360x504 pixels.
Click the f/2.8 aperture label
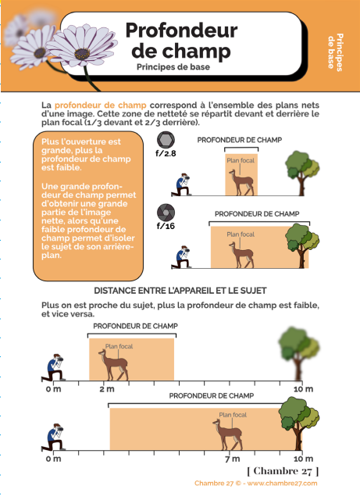[x=166, y=153]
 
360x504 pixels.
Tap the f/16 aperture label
[x=166, y=226]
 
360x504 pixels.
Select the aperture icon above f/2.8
[x=166, y=140]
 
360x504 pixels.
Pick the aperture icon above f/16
[x=166, y=213]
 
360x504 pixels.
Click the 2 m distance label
[x=107, y=389]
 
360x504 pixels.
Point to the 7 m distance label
[x=232, y=459]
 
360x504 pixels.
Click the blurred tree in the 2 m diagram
[x=298, y=353]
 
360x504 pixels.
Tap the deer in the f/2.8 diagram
[x=241, y=183]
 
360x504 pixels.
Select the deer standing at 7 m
[x=228, y=434]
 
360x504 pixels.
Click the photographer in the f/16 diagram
[x=181, y=257]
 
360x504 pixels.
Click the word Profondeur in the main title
[x=181, y=30]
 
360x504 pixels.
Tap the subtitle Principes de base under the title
[x=173, y=67]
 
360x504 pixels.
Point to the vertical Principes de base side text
[x=335, y=52]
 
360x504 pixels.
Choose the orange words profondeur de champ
[x=100, y=105]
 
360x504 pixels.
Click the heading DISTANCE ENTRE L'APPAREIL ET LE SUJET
[x=180, y=291]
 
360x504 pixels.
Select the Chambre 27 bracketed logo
[x=283, y=471]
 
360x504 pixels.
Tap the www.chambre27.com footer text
[x=282, y=483]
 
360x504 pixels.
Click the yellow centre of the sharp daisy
[x=83, y=54]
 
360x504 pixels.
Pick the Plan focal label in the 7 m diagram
[x=233, y=415]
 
